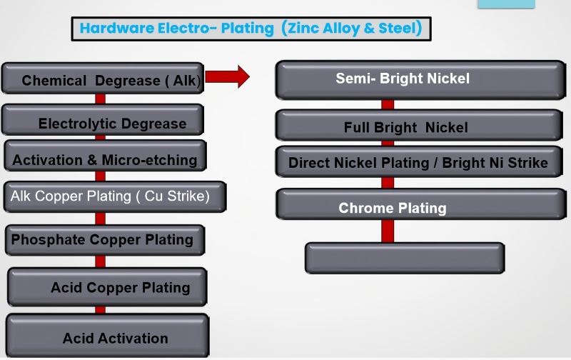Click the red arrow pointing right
pyautogui.click(x=227, y=76)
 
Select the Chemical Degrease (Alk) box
pyautogui.click(x=103, y=79)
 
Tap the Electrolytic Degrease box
pyautogui.click(x=103, y=120)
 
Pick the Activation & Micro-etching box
pyautogui.click(x=105, y=156)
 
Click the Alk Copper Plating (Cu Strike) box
pyautogui.click(x=115, y=196)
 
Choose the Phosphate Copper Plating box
pyautogui.click(x=105, y=240)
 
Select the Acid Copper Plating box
pyautogui.click(x=107, y=286)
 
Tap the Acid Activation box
pyautogui.click(x=108, y=336)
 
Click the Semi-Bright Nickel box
pyautogui.click(x=420, y=80)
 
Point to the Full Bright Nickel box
pyautogui.click(x=419, y=125)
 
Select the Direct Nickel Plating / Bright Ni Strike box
pyautogui.click(x=419, y=161)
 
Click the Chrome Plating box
pyautogui.click(x=421, y=204)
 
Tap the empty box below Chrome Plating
pyautogui.click(x=405, y=258)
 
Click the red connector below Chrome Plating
pyautogui.click(x=388, y=231)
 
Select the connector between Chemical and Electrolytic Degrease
pyautogui.click(x=100, y=99)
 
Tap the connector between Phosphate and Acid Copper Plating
pyautogui.click(x=100, y=261)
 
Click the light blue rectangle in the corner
pyautogui.click(x=507, y=4)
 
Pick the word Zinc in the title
pyautogui.click(x=303, y=28)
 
